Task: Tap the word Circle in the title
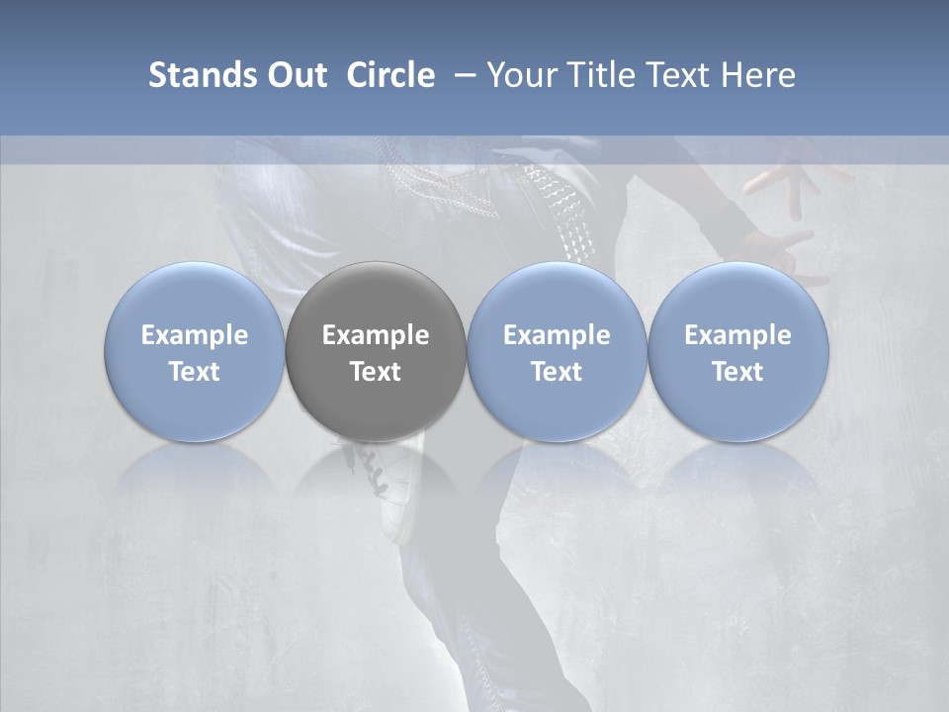[x=390, y=75]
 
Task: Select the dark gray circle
[x=376, y=351]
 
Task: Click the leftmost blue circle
[x=194, y=351]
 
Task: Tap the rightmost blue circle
[x=737, y=351]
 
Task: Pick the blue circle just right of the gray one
[x=557, y=351]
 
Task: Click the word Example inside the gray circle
[x=376, y=335]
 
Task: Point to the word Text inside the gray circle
[x=376, y=372]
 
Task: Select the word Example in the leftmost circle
[x=194, y=335]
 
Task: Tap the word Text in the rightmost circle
[x=737, y=372]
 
